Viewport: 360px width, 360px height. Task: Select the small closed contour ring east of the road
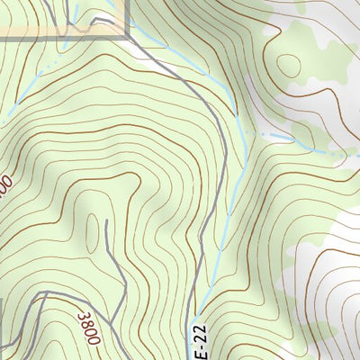coord(290,66)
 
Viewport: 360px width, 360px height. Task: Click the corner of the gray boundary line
coord(129,37)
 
